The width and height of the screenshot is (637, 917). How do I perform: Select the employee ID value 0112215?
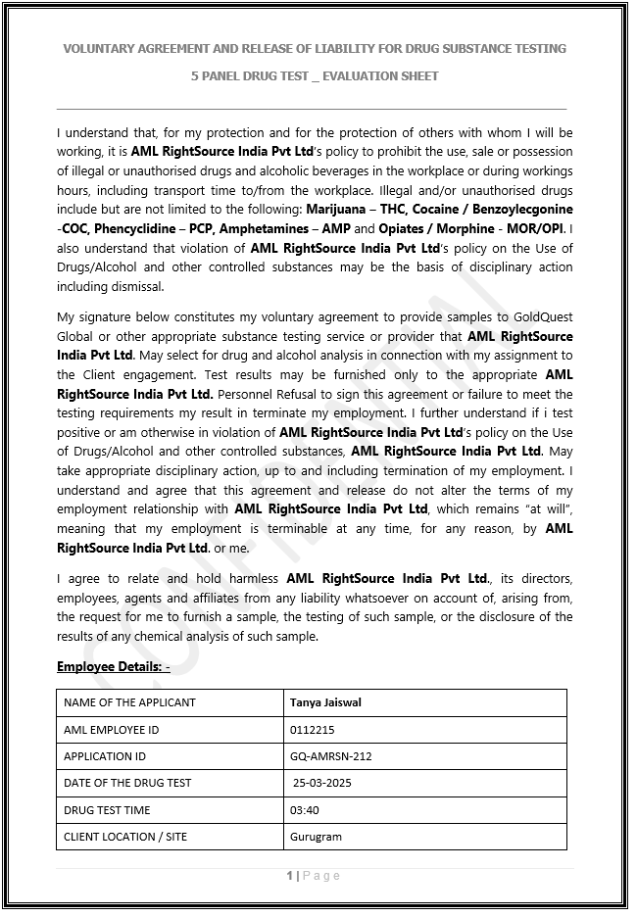tap(312, 730)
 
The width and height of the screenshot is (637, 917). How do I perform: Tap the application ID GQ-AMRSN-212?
tap(330, 756)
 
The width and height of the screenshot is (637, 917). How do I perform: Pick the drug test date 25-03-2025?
tap(322, 783)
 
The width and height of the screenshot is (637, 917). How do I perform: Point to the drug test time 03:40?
tap(304, 810)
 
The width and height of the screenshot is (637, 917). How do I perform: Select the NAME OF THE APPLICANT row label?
tap(129, 702)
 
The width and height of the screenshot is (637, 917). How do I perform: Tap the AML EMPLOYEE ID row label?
tap(111, 730)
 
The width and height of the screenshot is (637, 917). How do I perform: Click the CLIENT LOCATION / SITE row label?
tap(125, 837)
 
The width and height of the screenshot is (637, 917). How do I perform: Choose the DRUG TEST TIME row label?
tap(108, 810)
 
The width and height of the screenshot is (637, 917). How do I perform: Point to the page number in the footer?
tap(290, 876)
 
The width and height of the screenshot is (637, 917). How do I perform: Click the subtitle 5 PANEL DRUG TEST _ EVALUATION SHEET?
tap(315, 76)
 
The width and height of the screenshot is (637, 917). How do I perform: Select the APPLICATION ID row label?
tap(105, 756)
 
